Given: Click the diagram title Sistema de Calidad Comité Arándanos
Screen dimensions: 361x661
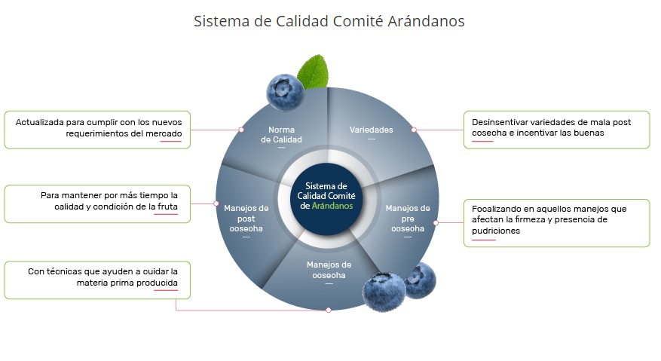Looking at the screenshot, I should tap(329, 21).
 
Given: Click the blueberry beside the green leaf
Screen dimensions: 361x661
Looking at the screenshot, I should tap(285, 92).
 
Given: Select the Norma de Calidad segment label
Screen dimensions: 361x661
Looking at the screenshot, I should tap(281, 135).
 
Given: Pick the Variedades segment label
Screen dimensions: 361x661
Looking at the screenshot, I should tap(371, 130).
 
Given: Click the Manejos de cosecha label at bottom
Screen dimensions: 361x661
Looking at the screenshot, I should tap(329, 270).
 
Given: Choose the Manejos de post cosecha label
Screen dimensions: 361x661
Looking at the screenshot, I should tap(246, 218).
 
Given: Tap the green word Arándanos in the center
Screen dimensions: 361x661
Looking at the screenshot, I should tap(336, 206).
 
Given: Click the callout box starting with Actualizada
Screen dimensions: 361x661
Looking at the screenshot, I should tap(98, 130).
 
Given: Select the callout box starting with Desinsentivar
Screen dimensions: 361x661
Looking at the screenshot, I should tap(556, 130).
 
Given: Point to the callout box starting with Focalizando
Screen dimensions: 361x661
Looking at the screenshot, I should tap(556, 222).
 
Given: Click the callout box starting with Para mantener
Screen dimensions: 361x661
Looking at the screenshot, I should tap(98, 203).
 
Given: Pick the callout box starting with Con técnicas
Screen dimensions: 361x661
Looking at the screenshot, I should tap(98, 280).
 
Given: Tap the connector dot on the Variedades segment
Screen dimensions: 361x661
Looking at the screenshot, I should tap(413, 130).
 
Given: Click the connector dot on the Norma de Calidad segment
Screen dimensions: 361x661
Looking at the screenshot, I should tap(241, 130).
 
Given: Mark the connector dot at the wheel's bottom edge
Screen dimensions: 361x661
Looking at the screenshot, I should tap(328, 310).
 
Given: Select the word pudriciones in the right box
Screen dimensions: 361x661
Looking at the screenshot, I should tap(496, 231).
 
